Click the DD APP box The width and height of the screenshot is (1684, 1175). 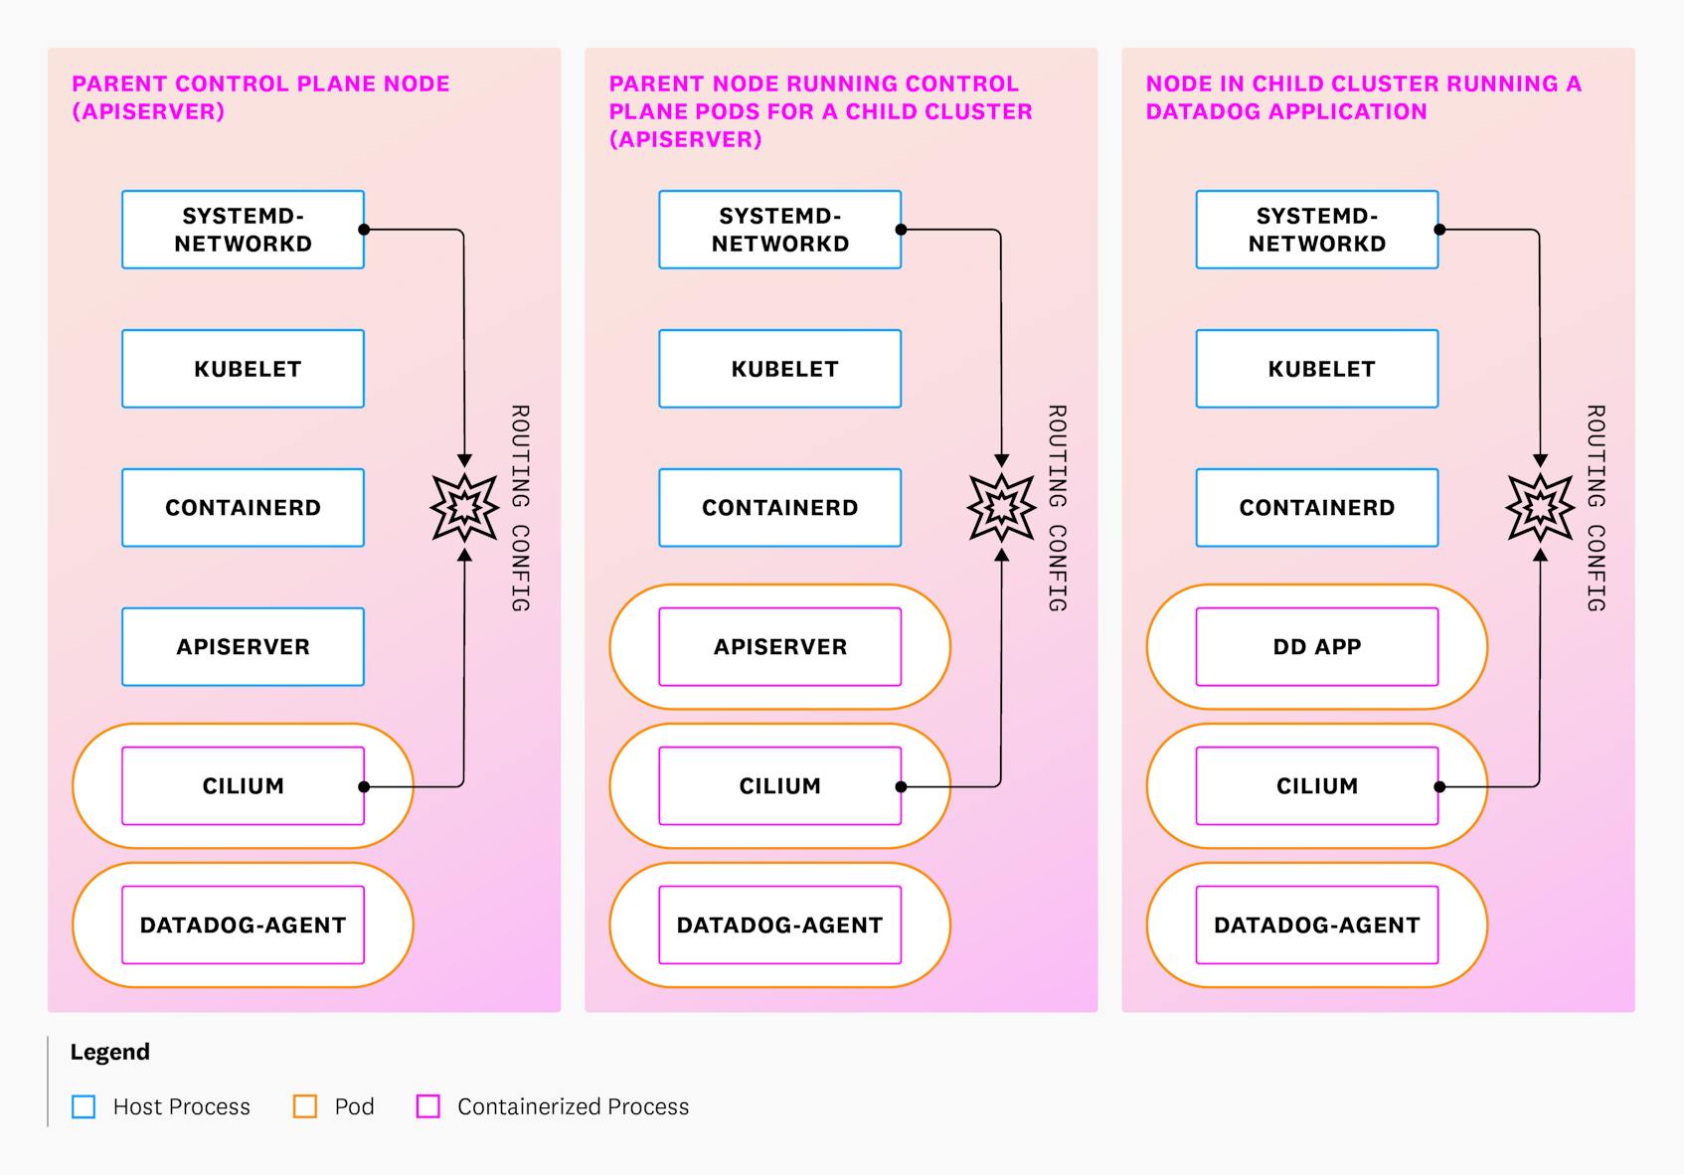pyautogui.click(x=1316, y=646)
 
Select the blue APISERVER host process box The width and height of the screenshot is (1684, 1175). pyautogui.click(x=243, y=646)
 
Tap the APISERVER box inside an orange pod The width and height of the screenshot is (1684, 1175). pyautogui.click(x=779, y=646)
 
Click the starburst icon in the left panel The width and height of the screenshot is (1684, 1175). pyautogui.click(x=464, y=507)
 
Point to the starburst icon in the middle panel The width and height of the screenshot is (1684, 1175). pyautogui.click(x=1001, y=507)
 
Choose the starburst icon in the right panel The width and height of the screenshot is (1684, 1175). pyautogui.click(x=1540, y=507)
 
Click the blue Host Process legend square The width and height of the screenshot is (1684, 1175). pyautogui.click(x=84, y=1106)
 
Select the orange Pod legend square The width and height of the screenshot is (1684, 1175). pyautogui.click(x=305, y=1106)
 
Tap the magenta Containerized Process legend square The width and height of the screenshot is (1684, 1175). pyautogui.click(x=428, y=1106)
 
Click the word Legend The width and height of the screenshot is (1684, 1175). pyautogui.click(x=109, y=1052)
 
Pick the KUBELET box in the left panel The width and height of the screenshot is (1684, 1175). pyautogui.click(x=243, y=369)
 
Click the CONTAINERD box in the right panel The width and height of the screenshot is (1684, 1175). pyautogui.click(x=1316, y=507)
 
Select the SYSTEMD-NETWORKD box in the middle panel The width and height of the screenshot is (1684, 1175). pyautogui.click(x=779, y=230)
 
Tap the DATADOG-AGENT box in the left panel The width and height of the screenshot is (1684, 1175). pyautogui.click(x=243, y=924)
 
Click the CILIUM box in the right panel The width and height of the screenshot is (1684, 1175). pyautogui.click(x=1316, y=785)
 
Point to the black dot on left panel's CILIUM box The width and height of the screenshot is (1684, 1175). pyautogui.click(x=364, y=786)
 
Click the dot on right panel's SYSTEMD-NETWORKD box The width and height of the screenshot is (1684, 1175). pyautogui.click(x=1439, y=230)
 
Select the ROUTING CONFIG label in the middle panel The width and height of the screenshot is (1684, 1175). pyautogui.click(x=1057, y=507)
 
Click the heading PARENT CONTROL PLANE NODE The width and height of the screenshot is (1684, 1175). pyautogui.click(x=260, y=84)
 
